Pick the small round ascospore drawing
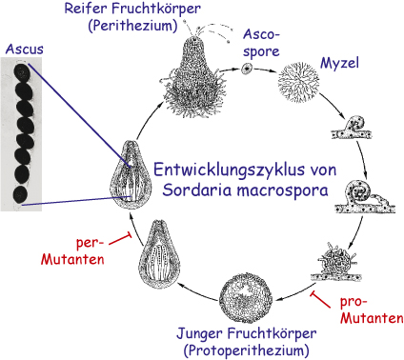[x=247, y=68]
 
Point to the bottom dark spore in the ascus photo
[x=22, y=193]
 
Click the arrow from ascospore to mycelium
[x=266, y=70]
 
